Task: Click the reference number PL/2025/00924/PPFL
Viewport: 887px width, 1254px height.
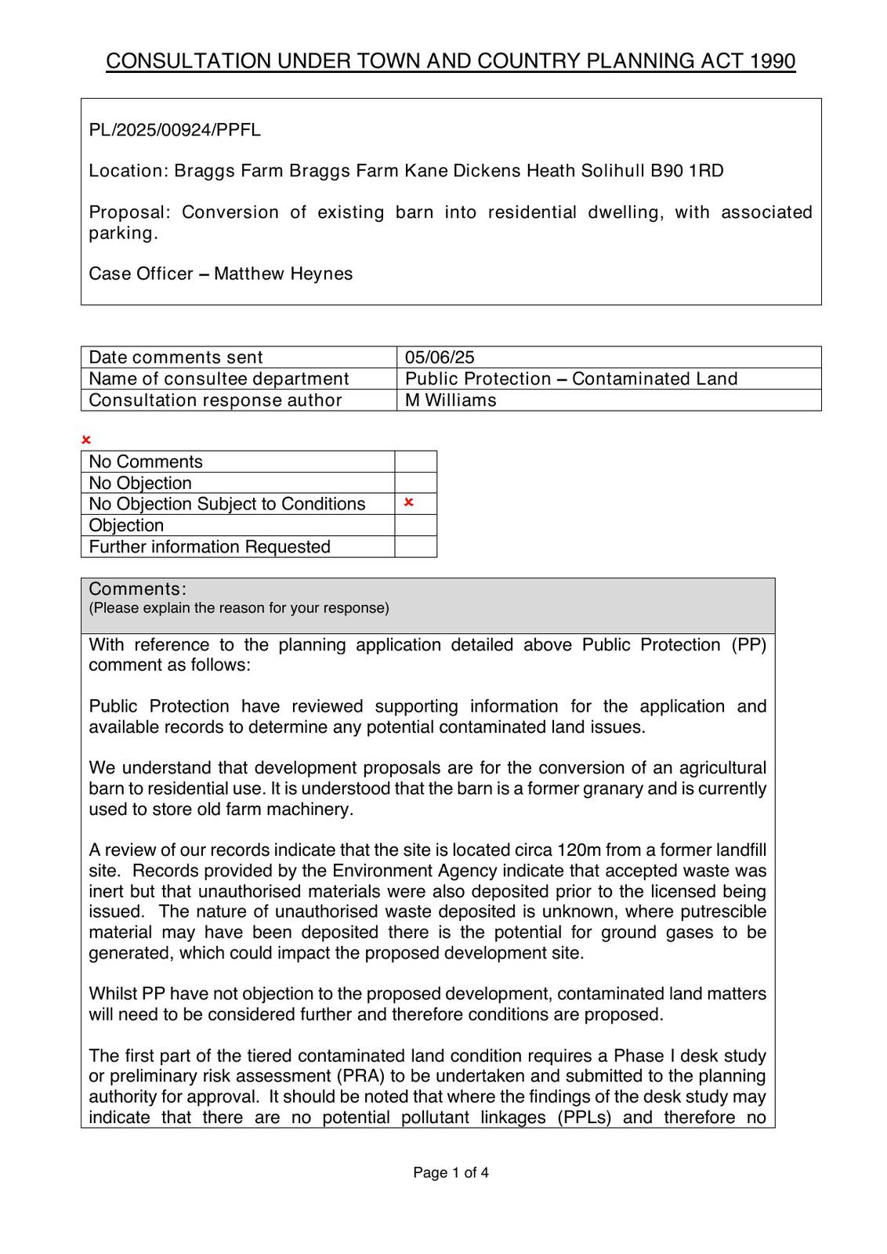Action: click(x=175, y=130)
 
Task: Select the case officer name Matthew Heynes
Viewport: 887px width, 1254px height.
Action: click(x=283, y=274)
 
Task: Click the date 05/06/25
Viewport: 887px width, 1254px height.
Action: click(x=440, y=357)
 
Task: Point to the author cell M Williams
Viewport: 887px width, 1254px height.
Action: click(x=451, y=400)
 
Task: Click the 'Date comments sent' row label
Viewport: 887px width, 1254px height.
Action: click(x=176, y=357)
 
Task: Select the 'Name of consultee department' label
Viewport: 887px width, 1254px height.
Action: click(x=219, y=379)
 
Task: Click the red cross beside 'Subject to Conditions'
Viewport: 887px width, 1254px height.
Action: click(x=408, y=502)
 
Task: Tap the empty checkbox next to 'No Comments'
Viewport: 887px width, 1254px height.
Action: click(x=415, y=462)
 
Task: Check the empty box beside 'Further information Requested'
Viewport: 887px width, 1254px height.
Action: click(x=415, y=547)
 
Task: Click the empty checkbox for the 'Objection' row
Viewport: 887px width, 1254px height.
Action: click(x=415, y=525)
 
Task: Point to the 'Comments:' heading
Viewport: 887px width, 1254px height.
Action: click(x=138, y=589)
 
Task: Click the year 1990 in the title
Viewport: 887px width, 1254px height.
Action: click(x=773, y=62)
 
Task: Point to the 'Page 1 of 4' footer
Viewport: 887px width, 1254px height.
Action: click(x=451, y=1173)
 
